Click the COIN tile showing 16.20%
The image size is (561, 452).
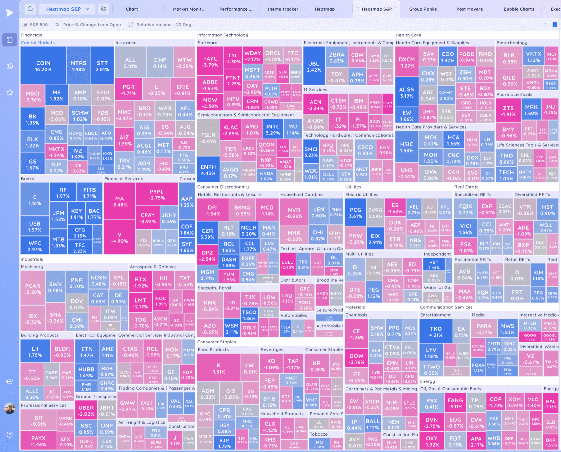[x=43, y=66]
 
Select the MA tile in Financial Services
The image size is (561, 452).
[x=119, y=201]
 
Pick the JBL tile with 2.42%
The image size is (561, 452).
[x=314, y=66]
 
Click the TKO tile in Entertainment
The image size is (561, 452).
[x=435, y=332]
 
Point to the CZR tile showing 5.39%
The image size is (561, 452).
[x=207, y=233]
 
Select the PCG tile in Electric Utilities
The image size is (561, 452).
[x=355, y=213]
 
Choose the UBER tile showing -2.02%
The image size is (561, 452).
[x=86, y=411]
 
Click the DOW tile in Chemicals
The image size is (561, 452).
[x=356, y=359]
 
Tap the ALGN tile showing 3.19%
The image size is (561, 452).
[x=407, y=93]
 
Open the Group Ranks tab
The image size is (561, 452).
[x=423, y=9]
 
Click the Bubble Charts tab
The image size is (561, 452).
[x=518, y=9]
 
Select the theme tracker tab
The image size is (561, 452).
[x=283, y=9]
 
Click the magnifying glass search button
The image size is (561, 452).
[x=30, y=9]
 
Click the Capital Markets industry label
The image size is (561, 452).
[x=38, y=43]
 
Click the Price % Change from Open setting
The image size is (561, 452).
[x=88, y=25]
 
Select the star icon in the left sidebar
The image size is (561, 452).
[x=10, y=93]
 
